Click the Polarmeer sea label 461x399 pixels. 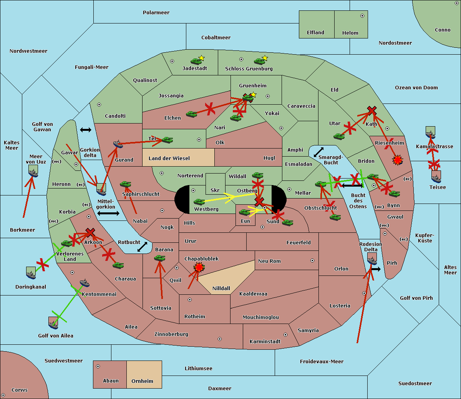(156, 13)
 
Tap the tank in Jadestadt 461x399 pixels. (196, 61)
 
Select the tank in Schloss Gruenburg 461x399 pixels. (260, 61)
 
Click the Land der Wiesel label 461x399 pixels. (169, 158)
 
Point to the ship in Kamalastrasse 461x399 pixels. (430, 133)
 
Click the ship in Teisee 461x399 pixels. (436, 177)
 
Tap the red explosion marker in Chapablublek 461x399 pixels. (199, 267)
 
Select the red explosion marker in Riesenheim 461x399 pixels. (397, 160)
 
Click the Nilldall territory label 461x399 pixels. (221, 288)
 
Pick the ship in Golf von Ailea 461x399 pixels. (53, 323)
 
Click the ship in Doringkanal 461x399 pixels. (31, 273)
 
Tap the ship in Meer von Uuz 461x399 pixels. (33, 171)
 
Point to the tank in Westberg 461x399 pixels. (199, 202)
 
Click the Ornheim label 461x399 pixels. (142, 381)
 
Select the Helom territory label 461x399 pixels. (350, 33)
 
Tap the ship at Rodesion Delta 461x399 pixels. (371, 259)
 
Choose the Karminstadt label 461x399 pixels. (265, 342)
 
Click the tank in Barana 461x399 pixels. (159, 258)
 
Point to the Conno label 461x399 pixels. (443, 30)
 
